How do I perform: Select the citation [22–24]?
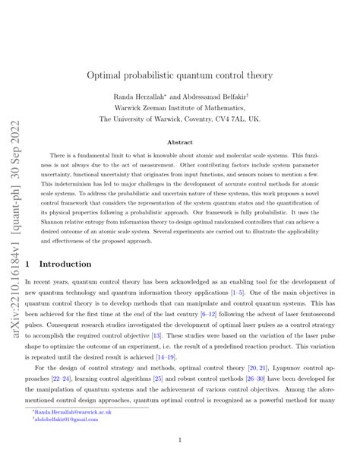pyautogui.click(x=63, y=365)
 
